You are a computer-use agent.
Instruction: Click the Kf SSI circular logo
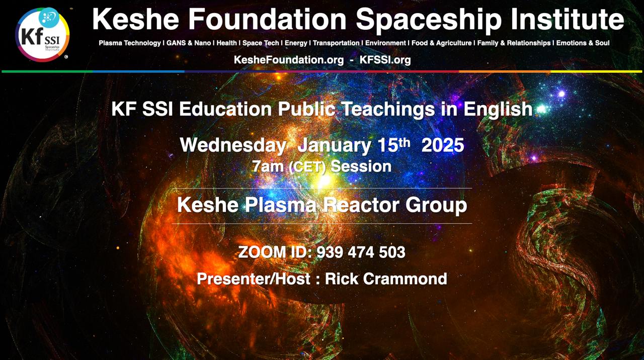42,35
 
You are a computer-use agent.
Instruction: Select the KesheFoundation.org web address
289,60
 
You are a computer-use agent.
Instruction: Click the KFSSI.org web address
385,60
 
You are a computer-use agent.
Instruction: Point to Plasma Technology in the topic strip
130,43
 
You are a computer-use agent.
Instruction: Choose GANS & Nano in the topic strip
189,43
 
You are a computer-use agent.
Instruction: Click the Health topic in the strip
226,43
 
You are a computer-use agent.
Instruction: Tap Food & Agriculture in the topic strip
442,43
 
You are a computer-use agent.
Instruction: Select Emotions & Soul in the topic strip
583,43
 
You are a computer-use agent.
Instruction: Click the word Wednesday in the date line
233,145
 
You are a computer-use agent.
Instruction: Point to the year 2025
443,145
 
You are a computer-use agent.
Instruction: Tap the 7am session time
268,166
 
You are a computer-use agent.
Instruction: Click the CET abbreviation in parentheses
307,167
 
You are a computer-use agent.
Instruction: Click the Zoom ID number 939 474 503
361,252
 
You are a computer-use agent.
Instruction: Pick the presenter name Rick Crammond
386,279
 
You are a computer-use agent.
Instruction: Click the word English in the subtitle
498,110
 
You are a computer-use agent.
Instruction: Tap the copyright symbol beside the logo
66,57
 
